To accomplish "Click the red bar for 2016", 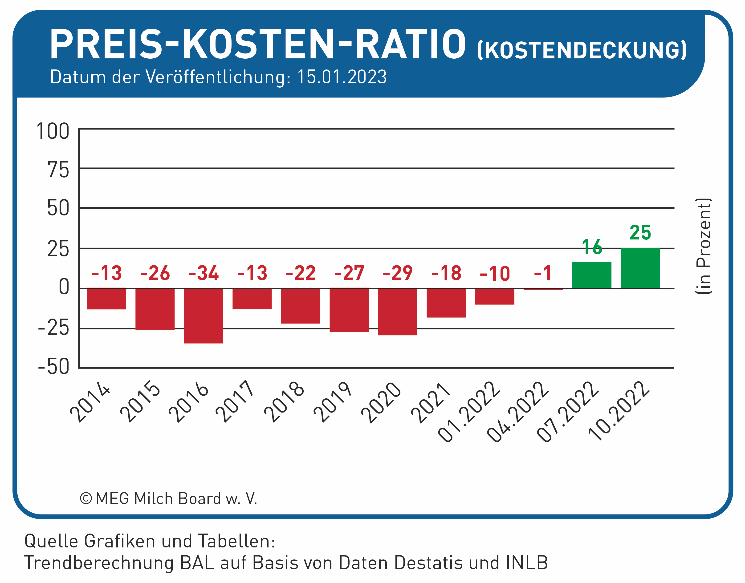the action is click(204, 316).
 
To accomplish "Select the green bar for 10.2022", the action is click(640, 268).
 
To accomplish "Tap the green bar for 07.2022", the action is click(592, 275).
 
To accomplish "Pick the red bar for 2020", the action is click(398, 312).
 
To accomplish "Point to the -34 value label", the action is click(204, 273).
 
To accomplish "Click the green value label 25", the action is click(640, 232).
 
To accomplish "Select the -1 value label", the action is click(543, 273).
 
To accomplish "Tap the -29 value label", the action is click(398, 273).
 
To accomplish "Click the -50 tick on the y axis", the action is click(54, 367).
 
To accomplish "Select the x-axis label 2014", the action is click(90, 402).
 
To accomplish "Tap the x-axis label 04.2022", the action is click(518, 412).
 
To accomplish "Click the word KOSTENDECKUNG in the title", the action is click(582, 50).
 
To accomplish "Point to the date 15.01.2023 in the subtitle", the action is click(342, 77).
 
